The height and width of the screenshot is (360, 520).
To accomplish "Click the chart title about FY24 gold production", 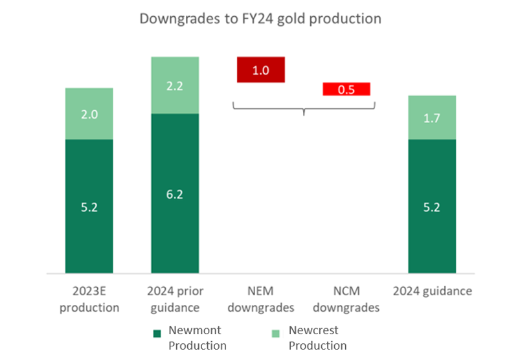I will tap(260, 19).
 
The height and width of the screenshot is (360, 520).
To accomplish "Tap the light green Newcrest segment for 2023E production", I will tap(89, 114).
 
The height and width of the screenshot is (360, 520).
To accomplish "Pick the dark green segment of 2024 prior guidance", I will tap(175, 193).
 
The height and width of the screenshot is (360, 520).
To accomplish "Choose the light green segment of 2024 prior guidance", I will tap(175, 85).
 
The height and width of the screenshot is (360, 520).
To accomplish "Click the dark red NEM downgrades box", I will tap(261, 70).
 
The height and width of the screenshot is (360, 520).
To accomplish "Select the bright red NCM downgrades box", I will tap(346, 89).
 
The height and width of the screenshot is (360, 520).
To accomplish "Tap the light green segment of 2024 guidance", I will tap(432, 117).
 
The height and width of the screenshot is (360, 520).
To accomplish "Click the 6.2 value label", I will tap(175, 194).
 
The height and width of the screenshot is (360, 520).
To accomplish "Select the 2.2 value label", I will tap(175, 85).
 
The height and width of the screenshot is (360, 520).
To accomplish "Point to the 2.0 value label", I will tap(89, 114).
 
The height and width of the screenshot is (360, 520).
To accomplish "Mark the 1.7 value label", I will tap(432, 118).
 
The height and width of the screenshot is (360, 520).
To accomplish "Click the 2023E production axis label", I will tap(89, 299).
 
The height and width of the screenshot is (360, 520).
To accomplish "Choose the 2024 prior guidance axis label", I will tap(175, 299).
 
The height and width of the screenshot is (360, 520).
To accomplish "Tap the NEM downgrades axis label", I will tap(261, 299).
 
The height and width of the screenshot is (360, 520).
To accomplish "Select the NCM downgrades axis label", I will tap(346, 299).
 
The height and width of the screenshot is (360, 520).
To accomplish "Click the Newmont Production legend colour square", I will tap(156, 334).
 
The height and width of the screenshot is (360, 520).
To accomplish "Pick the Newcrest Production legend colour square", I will tap(275, 334).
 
